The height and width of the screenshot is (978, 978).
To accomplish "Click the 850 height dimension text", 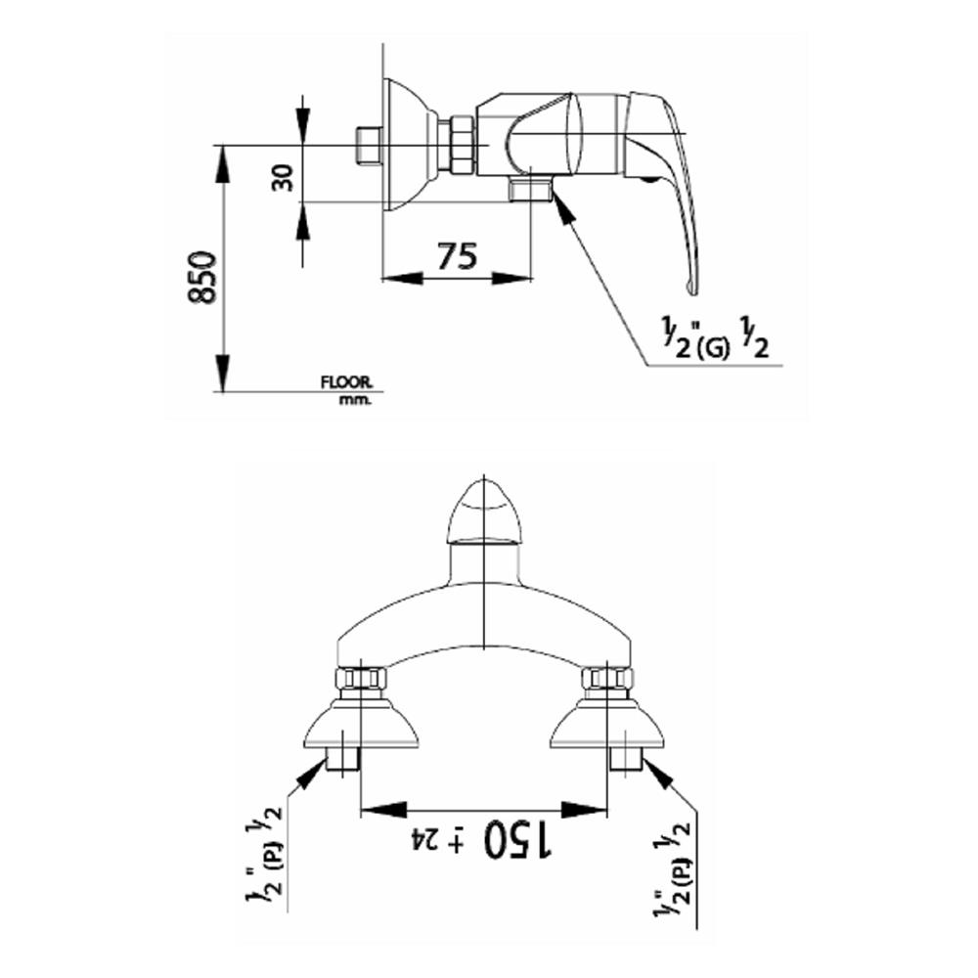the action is tap(202, 278).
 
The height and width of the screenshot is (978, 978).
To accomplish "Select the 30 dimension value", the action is tap(284, 177).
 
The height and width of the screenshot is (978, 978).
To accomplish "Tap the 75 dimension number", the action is tap(457, 256).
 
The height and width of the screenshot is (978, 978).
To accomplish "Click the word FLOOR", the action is tap(346, 381).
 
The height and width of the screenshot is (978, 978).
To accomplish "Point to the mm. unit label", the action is tap(355, 400).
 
